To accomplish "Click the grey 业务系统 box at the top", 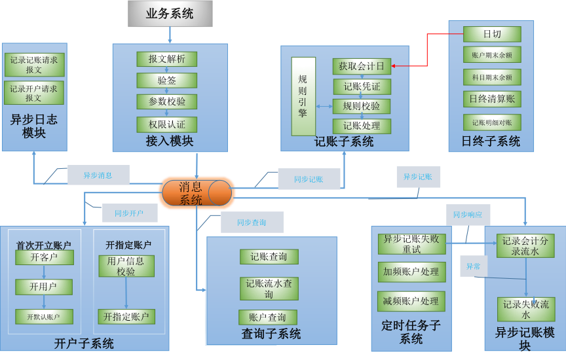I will coord(170,13).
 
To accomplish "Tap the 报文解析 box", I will coord(166,59).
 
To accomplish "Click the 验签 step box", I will coord(166,81).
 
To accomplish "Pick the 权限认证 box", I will coord(166,124).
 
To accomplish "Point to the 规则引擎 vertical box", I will coord(303,96).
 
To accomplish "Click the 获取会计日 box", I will coord(361,66).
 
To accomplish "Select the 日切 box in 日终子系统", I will coord(492,34).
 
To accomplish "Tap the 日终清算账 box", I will coord(492,99).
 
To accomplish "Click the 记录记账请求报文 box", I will coord(34,65).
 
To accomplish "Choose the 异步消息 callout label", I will coord(98,175).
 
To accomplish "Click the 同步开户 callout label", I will coord(129,213).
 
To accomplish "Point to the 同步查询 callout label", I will coord(252,223).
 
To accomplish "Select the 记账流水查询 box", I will coord(269,289).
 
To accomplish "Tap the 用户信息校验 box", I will coord(126,266).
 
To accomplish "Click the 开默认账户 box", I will coord(44,317).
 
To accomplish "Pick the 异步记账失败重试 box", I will coord(411,244).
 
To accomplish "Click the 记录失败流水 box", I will coord(525,310).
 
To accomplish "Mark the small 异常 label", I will coord(473,266).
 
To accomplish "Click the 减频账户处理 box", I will coord(411,301).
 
